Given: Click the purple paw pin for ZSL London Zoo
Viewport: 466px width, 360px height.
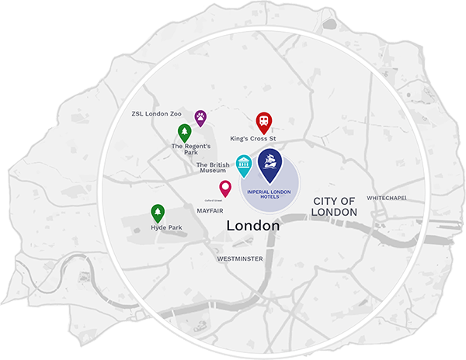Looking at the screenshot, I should [x=200, y=118].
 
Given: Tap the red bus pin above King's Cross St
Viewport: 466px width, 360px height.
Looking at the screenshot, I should [x=264, y=122].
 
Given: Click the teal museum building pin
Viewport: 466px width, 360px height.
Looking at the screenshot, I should [x=244, y=164].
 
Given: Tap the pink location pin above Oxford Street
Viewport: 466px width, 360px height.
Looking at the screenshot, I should [x=225, y=189].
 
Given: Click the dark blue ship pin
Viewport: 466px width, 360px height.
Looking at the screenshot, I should [x=270, y=163].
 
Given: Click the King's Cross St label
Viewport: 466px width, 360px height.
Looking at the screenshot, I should [x=254, y=139].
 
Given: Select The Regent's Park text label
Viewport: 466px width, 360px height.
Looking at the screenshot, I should [x=188, y=149].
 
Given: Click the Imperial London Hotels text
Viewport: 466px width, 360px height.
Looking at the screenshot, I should [x=270, y=194].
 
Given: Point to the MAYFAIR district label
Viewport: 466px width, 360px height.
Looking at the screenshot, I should [x=210, y=209].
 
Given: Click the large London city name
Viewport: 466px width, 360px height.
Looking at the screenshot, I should [x=252, y=226].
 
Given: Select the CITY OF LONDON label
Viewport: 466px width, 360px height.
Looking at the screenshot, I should [x=335, y=206].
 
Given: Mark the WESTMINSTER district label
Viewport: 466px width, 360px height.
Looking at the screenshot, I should [x=240, y=258].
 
